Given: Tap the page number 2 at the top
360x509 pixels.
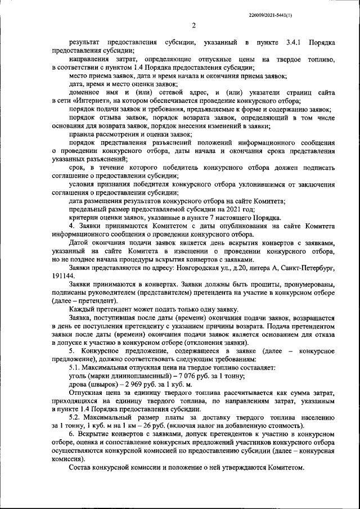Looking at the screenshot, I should pyautogui.click(x=193, y=25).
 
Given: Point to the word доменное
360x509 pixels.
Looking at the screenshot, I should pyautogui.click(x=85, y=92).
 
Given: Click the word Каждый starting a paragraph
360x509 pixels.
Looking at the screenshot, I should pyautogui.click(x=82, y=310).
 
